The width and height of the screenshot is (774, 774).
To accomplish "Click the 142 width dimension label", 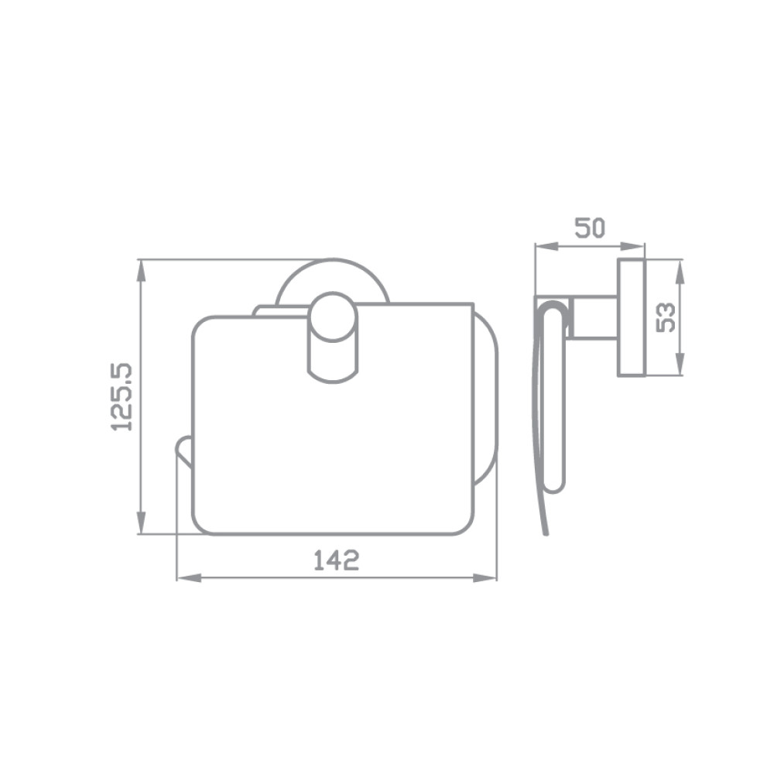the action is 337,560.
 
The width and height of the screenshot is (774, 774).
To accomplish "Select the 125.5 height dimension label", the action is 122,397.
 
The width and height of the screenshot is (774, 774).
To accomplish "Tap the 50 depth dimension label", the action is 590,228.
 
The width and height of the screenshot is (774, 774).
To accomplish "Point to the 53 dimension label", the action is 666,317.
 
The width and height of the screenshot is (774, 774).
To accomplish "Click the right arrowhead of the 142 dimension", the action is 485,578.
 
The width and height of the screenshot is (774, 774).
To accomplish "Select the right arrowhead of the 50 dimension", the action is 633,246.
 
